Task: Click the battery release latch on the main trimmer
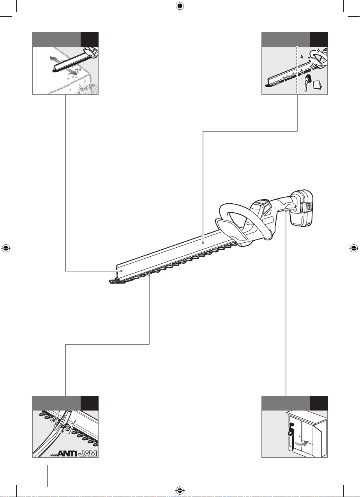[309, 208]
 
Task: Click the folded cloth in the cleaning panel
[318, 85]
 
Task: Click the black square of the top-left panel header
[90, 39]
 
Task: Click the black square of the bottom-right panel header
[319, 403]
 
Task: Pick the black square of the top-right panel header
[319, 39]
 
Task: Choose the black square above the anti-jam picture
[90, 403]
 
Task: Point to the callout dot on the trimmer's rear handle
[286, 211]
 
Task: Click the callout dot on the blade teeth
[149, 275]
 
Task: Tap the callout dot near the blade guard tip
[122, 271]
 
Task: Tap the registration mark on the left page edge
[6, 248]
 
